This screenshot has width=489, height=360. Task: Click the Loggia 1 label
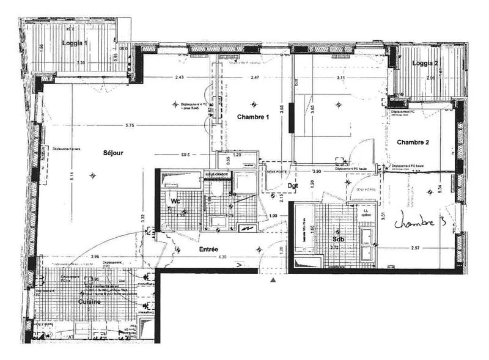tap(78, 44)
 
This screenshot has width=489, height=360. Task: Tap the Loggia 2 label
tap(425, 64)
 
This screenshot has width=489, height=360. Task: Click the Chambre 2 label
tap(413, 142)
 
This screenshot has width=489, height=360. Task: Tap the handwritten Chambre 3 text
tap(421, 221)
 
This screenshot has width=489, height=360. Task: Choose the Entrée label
tap(210, 249)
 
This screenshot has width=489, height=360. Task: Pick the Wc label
tap(175, 200)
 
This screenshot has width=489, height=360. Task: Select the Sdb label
tap(339, 239)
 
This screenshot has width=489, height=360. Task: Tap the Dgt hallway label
tap(293, 186)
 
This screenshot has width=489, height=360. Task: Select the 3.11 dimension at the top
tap(340, 78)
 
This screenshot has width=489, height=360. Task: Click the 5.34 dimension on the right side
tap(440, 189)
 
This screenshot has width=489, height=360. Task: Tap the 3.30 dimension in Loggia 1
tap(80, 63)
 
